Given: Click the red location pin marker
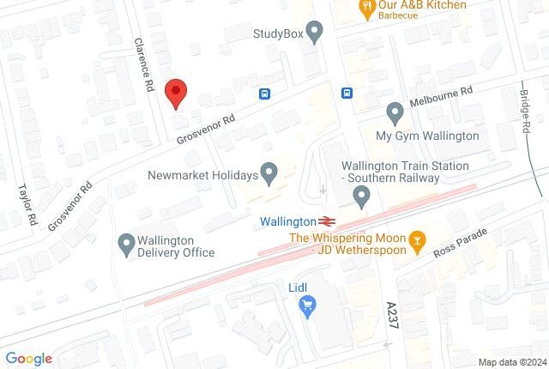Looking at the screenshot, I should (x=175, y=91).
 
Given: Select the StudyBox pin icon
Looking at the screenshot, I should (x=314, y=34).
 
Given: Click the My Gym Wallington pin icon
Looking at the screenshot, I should (x=395, y=112).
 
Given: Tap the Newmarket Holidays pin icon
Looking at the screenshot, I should (x=268, y=175).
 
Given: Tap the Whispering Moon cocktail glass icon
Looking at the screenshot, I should (x=417, y=239).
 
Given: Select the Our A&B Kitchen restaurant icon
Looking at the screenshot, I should (x=365, y=7).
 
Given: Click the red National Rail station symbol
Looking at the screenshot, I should (x=328, y=221).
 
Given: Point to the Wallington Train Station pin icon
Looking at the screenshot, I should (x=360, y=199).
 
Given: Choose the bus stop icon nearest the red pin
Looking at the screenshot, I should (x=264, y=94).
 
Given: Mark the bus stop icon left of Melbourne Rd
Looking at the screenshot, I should (x=346, y=94).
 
